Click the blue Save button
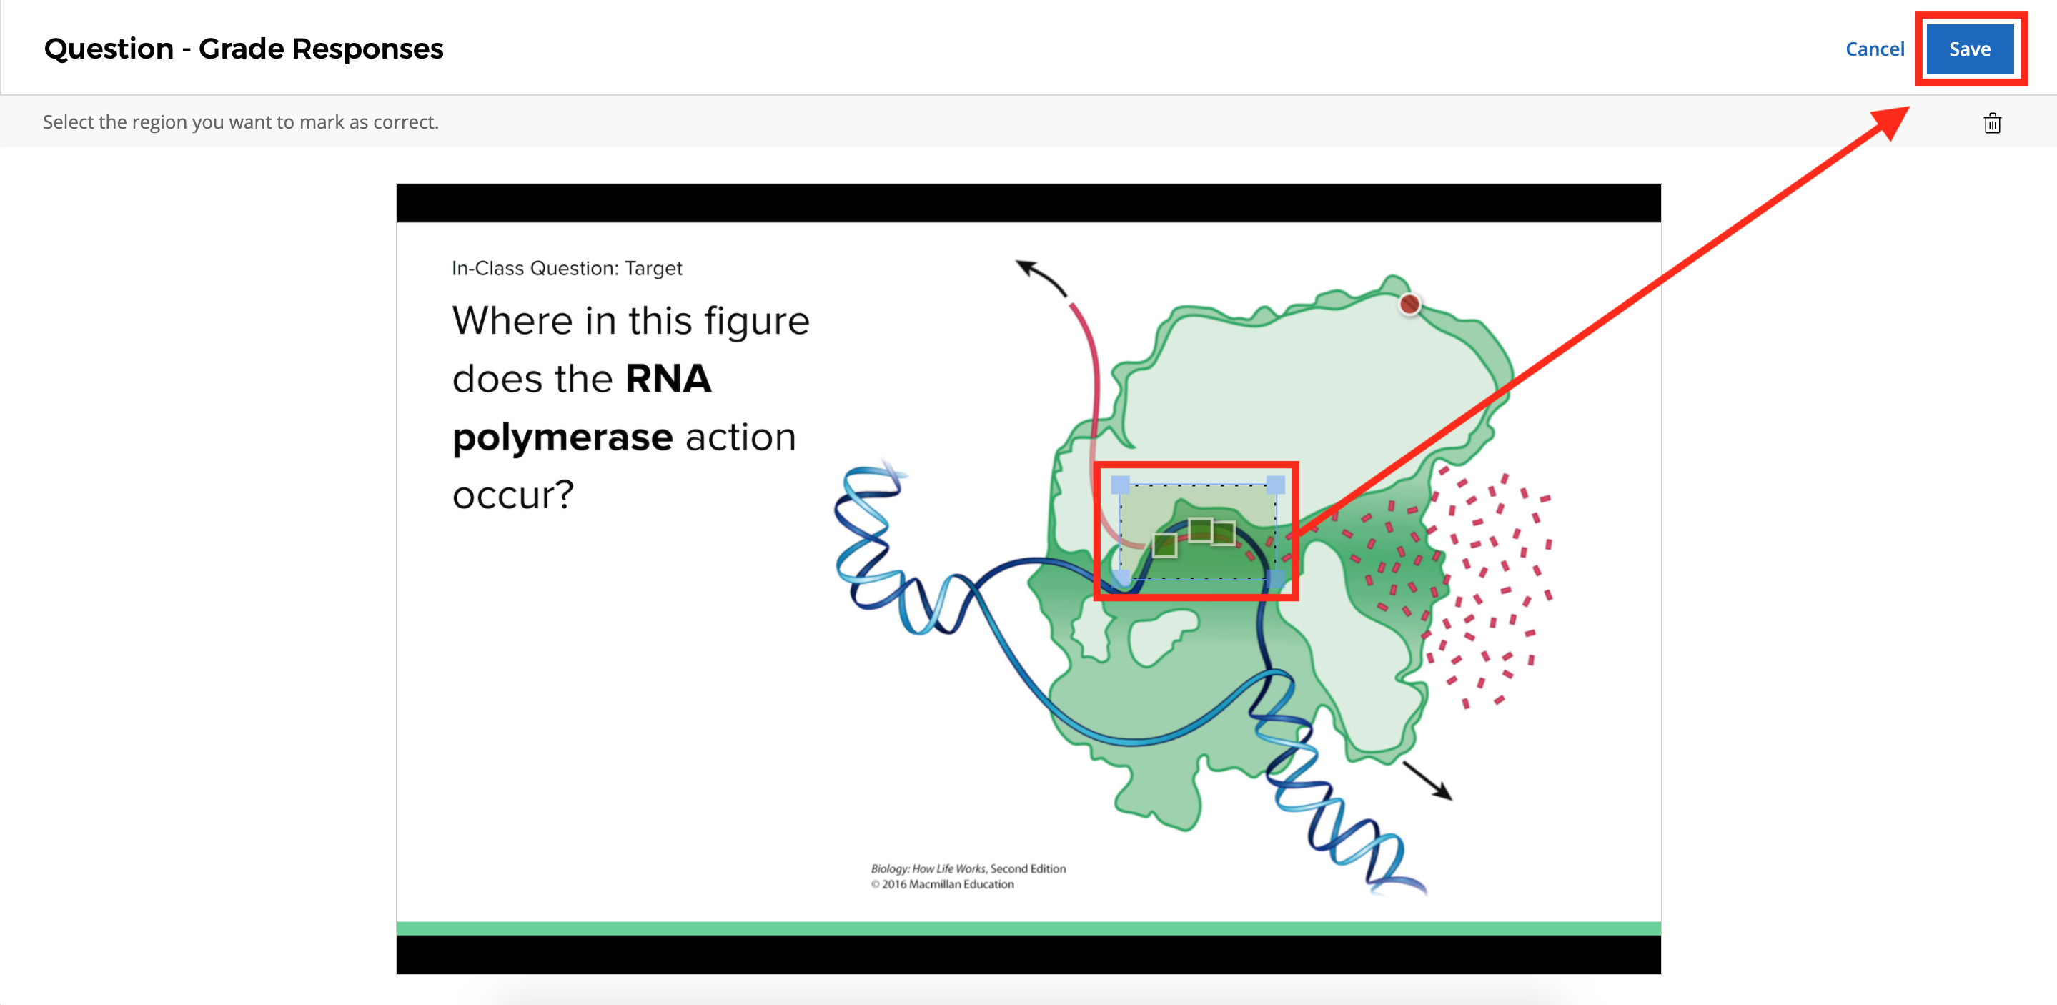(1968, 49)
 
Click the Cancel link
(1873, 49)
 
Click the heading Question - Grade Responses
(244, 49)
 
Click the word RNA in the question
(668, 379)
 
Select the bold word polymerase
(562, 437)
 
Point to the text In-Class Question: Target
(566, 269)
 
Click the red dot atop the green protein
(1409, 305)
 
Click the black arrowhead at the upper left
(1024, 266)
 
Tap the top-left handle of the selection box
(1120, 484)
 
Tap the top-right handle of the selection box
(1275, 484)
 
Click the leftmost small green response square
(1164, 546)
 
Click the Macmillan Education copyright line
(942, 884)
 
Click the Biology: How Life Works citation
(968, 868)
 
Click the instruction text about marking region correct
(240, 122)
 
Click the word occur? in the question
(512, 495)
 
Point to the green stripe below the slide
(1028, 929)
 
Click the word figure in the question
(756, 321)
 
